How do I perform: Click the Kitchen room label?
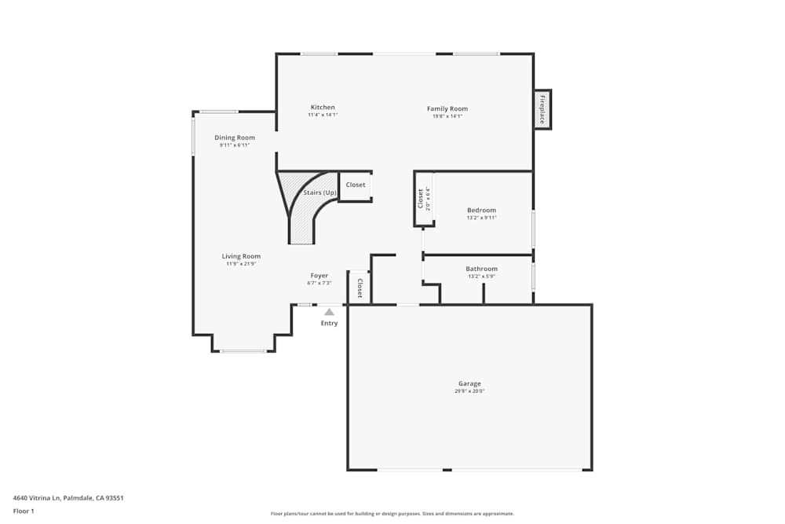pos(323,108)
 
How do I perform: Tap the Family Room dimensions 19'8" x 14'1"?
pos(447,116)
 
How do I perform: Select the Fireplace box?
pos(542,109)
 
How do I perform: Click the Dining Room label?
pos(235,137)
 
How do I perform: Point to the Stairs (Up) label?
pos(319,192)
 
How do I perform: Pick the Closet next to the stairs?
pos(356,185)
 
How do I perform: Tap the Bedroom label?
pos(481,210)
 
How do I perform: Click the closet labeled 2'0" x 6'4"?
pos(424,199)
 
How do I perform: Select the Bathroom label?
pos(481,269)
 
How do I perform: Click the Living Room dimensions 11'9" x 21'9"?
pos(241,264)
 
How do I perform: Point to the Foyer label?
pos(319,276)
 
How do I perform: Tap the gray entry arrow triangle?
pos(329,312)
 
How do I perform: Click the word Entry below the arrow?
pos(329,324)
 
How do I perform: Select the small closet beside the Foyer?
pos(360,288)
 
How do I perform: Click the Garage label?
pos(469,383)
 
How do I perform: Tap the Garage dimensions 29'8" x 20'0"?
pos(469,391)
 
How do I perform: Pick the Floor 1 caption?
pos(24,511)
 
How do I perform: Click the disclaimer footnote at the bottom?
pos(392,514)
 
